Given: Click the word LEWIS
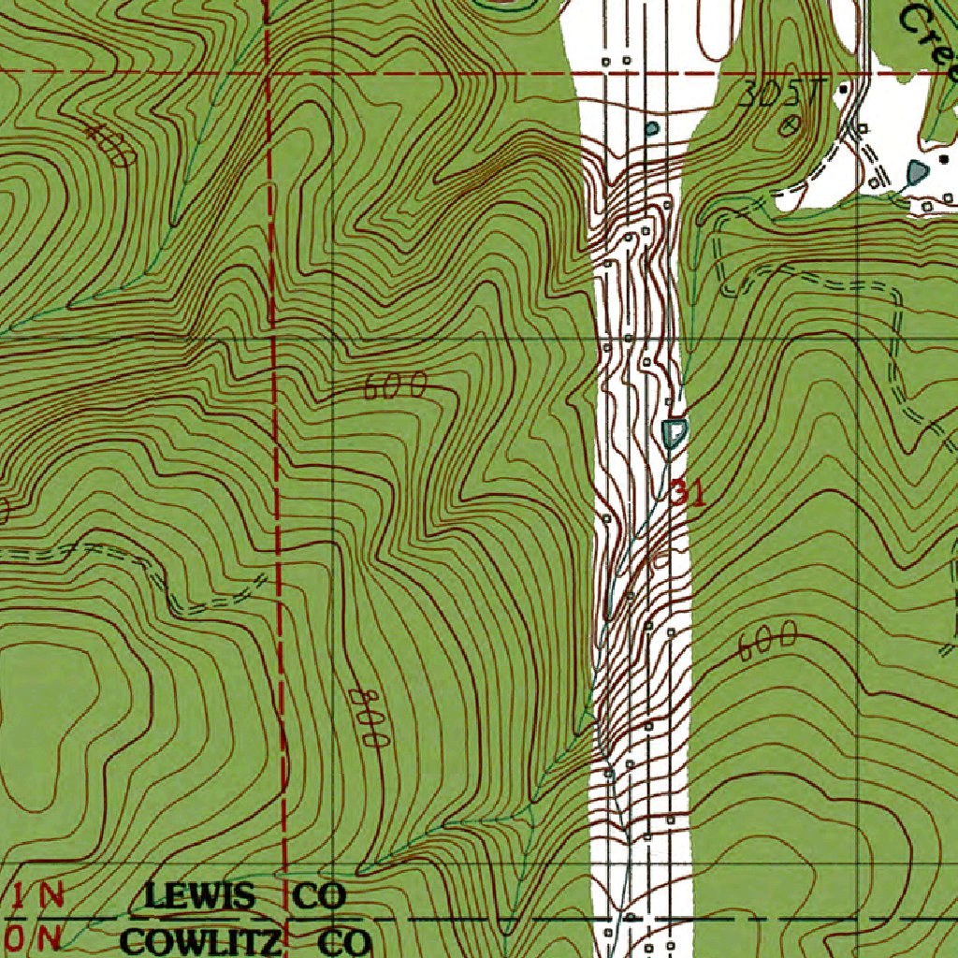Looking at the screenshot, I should click(198, 896).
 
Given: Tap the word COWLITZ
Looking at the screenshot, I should click(201, 940).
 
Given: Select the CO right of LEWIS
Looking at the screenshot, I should click(319, 896).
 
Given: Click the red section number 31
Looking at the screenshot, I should click(688, 494).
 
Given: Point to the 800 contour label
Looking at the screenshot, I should click(368, 718).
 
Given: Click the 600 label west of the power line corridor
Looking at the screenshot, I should click(395, 385).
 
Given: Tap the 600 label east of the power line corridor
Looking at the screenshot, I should click(766, 643).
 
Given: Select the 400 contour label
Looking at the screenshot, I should click(109, 145).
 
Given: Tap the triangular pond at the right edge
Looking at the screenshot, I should click(917, 172).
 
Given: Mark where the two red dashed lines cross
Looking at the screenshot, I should click(268, 72).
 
